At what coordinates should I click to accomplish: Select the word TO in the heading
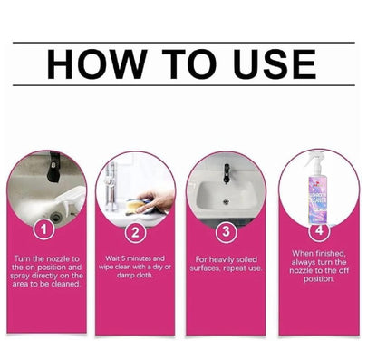(x=183, y=64)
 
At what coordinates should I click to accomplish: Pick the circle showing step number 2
(x=135, y=231)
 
